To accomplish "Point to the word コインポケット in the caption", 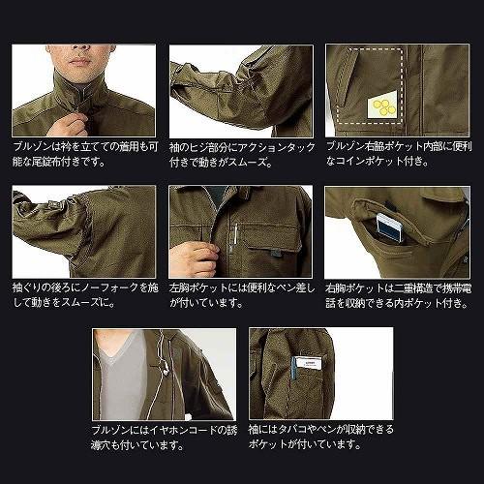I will pos(366,161).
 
